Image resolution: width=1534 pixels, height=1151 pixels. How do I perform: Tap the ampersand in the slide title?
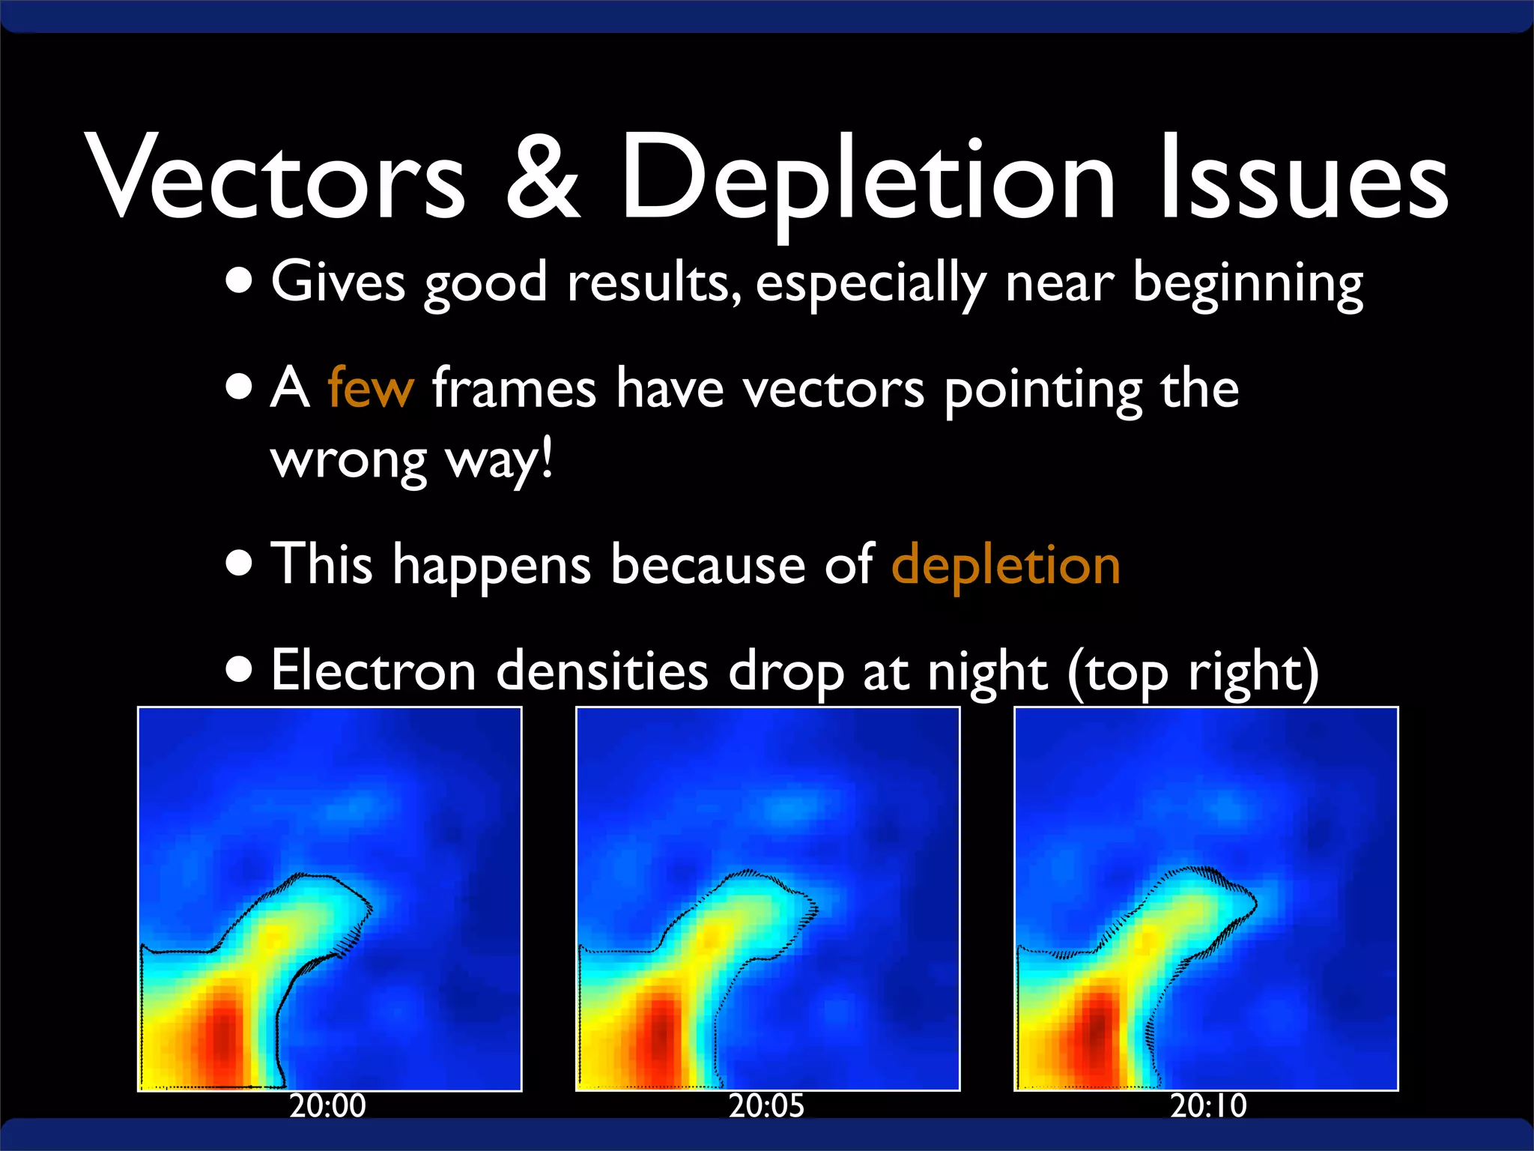pyautogui.click(x=543, y=180)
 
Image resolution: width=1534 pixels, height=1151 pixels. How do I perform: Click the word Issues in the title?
pyautogui.click(x=1303, y=180)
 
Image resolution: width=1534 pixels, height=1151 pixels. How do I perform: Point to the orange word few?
pyautogui.click(x=371, y=388)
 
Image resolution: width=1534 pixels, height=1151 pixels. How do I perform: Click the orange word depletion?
pyautogui.click(x=1006, y=566)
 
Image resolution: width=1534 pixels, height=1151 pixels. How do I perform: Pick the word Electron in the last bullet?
pyautogui.click(x=373, y=671)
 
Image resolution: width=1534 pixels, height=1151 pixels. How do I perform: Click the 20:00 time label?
pyautogui.click(x=327, y=1106)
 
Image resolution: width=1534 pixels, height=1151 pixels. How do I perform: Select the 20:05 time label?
pyautogui.click(x=766, y=1106)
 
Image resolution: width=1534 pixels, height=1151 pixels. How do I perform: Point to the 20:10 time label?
pyautogui.click(x=1208, y=1106)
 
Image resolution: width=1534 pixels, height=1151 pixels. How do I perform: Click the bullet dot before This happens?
pyautogui.click(x=239, y=564)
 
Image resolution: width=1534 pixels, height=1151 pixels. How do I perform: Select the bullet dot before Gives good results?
pyautogui.click(x=239, y=282)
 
